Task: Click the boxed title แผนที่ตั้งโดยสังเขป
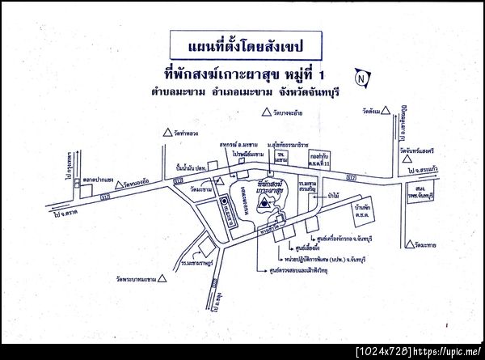(x=242, y=42)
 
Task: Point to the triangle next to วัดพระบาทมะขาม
(x=162, y=278)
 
